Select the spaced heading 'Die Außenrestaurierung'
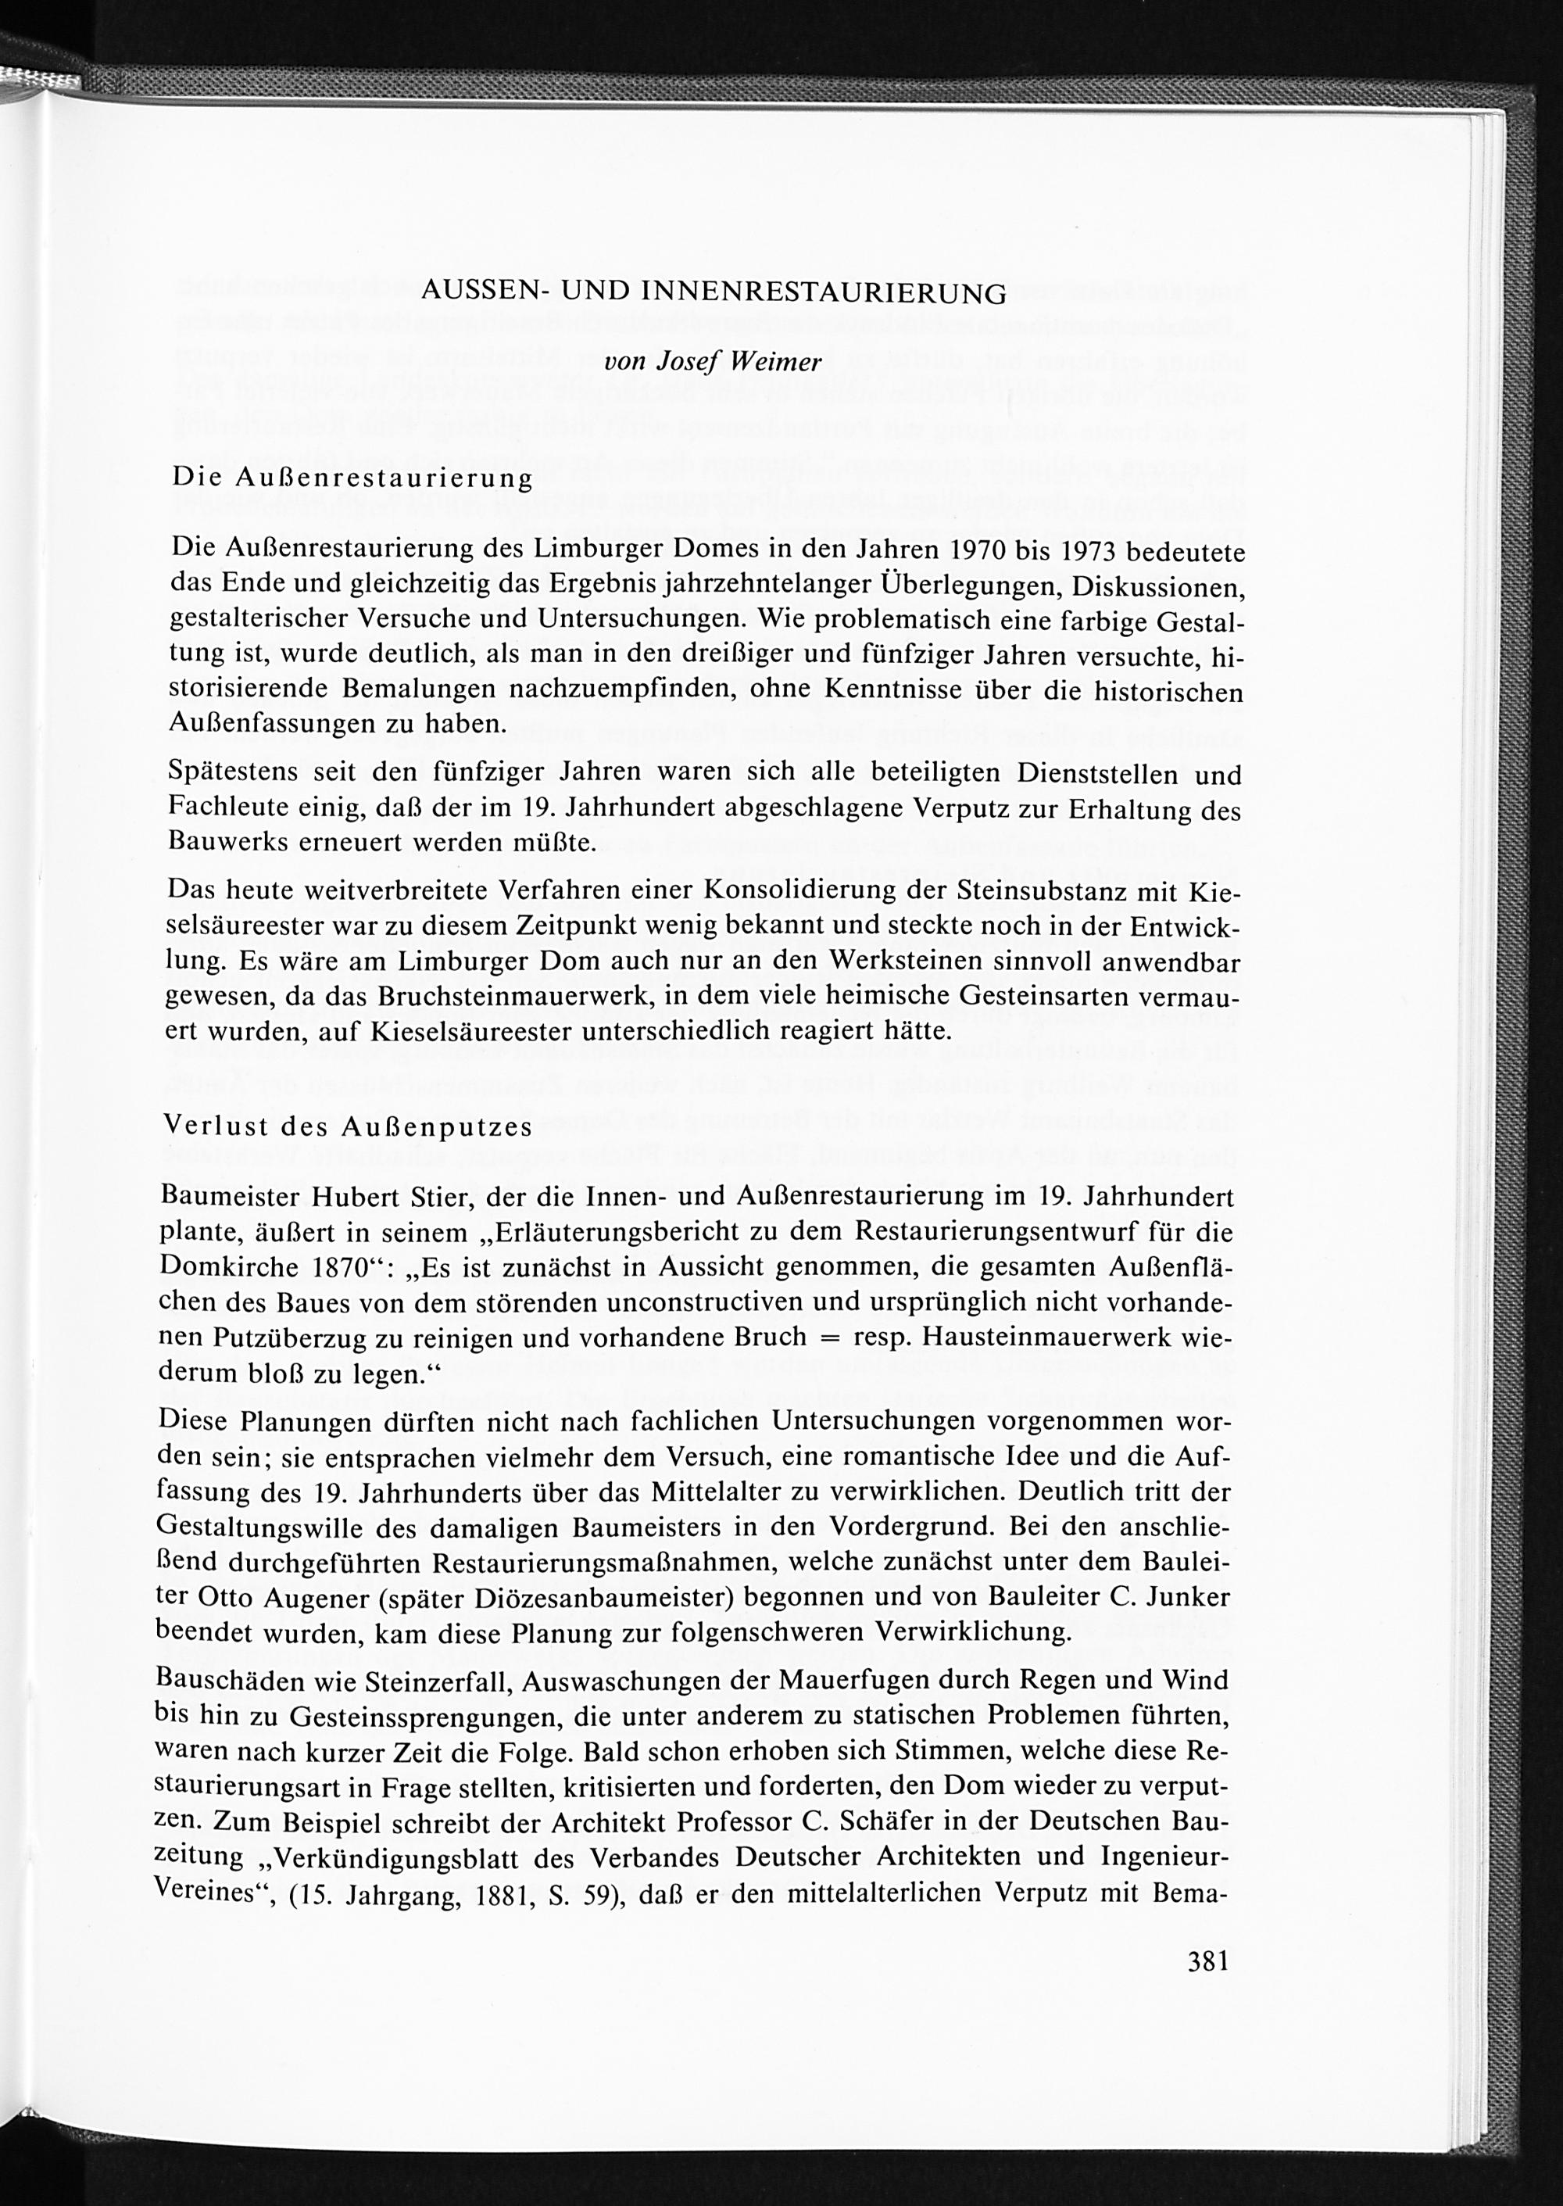pos(352,478)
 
